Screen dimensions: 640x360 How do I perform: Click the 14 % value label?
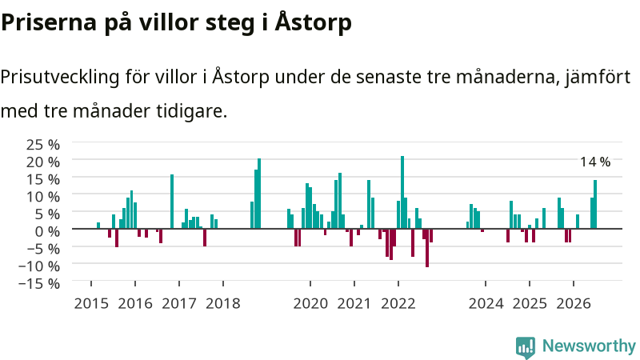(x=595, y=162)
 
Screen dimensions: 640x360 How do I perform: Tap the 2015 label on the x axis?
(x=91, y=304)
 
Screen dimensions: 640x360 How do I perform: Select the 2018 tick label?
(x=223, y=304)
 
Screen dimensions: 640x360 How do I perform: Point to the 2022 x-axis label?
(x=398, y=304)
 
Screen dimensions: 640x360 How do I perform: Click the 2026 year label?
(x=574, y=304)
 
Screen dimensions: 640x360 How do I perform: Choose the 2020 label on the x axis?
(x=310, y=304)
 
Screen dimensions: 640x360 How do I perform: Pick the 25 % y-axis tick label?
(x=43, y=145)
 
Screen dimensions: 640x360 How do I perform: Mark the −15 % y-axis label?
(x=39, y=283)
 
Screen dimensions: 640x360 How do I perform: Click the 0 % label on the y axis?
(x=47, y=231)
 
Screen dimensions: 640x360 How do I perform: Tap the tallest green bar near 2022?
(x=402, y=192)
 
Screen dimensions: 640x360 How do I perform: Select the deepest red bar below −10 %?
(x=427, y=248)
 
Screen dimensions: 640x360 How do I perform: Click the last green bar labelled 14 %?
(x=595, y=204)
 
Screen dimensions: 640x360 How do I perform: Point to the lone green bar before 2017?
(x=172, y=202)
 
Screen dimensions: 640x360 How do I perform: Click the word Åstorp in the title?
(x=313, y=23)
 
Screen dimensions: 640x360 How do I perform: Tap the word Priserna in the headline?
(x=49, y=22)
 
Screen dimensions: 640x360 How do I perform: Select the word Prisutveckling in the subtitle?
(x=59, y=77)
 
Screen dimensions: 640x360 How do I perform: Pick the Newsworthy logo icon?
(x=526, y=347)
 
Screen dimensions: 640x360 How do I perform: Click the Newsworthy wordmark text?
(x=589, y=346)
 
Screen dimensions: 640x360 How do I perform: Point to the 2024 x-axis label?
(x=486, y=304)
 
